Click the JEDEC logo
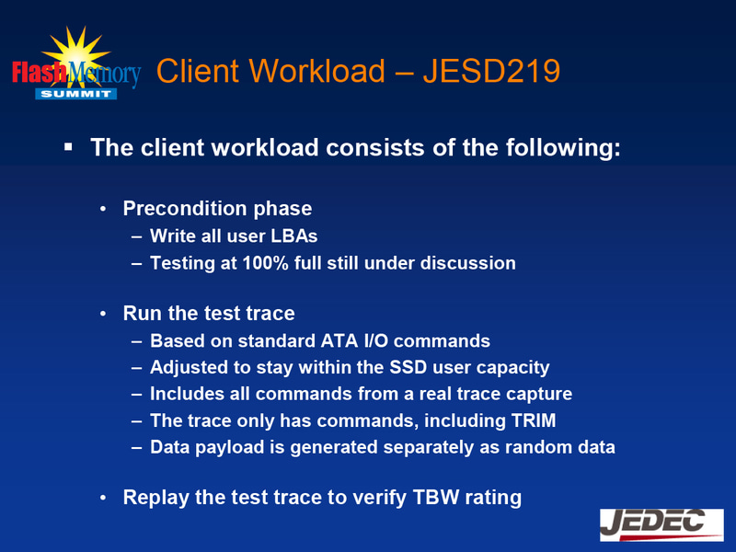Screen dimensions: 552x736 (x=661, y=524)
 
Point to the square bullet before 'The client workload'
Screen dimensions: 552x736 (x=68, y=146)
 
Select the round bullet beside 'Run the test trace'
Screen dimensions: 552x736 (x=106, y=314)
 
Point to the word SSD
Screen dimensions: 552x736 (x=411, y=368)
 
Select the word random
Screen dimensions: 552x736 (x=536, y=448)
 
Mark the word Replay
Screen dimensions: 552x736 (x=155, y=499)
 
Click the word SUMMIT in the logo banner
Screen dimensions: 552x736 (x=75, y=94)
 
